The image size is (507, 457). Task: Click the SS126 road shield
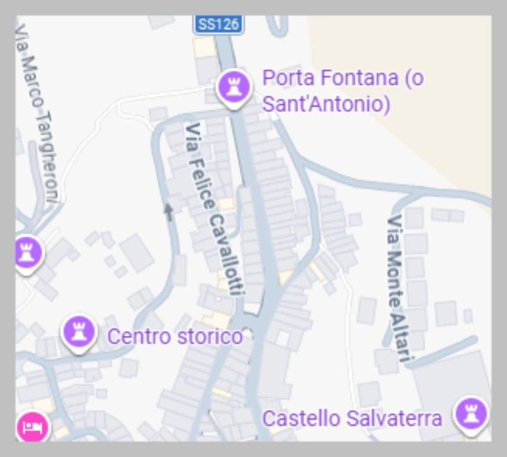pos(218,24)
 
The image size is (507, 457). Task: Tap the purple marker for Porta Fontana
pos(232,87)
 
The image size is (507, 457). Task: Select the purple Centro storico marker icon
pos(79,331)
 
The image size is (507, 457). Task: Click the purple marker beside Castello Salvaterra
pos(471,414)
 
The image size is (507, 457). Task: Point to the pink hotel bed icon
pos(33,426)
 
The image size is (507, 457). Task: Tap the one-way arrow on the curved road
pos(169,212)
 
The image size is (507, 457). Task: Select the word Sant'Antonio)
pos(326,104)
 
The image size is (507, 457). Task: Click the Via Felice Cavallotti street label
pos(214,208)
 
